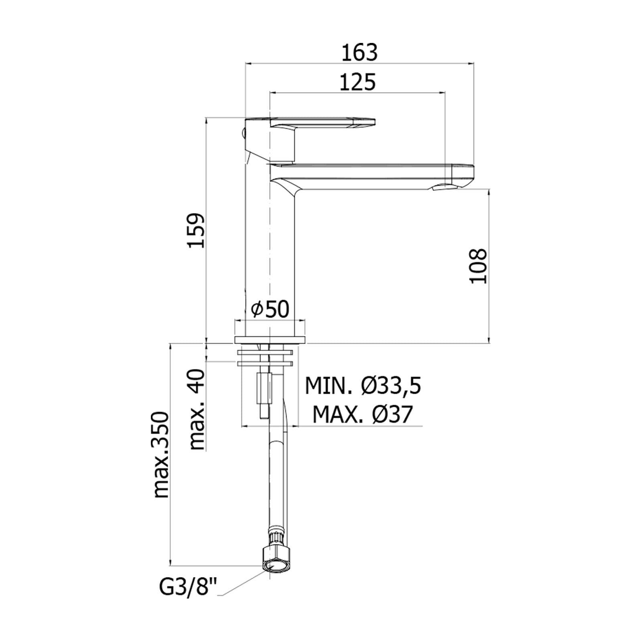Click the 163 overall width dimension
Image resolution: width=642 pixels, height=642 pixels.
coord(360,53)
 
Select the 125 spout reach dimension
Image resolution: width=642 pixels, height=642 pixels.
coord(358,82)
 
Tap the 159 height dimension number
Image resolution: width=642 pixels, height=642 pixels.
coord(197,231)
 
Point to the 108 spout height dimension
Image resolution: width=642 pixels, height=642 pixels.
coord(478,266)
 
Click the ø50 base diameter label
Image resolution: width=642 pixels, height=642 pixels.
coord(270,309)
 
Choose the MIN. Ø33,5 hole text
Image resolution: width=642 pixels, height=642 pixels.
coord(363,386)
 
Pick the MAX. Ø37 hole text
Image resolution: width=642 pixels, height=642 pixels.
coord(362,414)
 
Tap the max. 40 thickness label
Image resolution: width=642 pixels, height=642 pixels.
coord(197,409)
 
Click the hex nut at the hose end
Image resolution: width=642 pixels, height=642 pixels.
coord(275,559)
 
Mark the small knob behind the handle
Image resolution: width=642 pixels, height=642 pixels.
coord(242,132)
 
